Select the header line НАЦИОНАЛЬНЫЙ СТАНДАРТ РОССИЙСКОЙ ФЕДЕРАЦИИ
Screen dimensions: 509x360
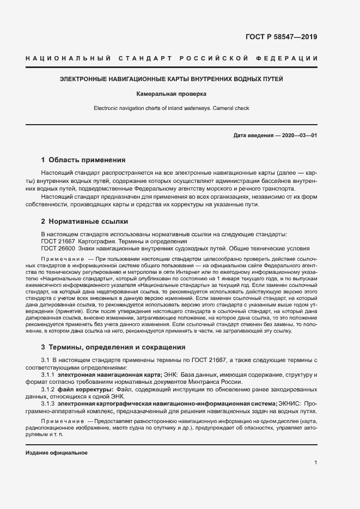click(x=172, y=58)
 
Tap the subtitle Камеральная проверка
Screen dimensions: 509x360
click(x=172, y=94)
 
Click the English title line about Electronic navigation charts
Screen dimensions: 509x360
click(x=172, y=108)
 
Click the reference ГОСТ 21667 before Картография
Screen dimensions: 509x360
click(x=58, y=241)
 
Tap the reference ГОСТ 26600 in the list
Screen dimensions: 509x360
click(x=58, y=248)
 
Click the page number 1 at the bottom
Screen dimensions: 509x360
click(x=316, y=463)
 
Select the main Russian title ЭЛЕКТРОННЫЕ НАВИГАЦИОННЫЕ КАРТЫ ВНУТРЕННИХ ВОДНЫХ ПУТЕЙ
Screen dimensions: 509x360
click(x=172, y=79)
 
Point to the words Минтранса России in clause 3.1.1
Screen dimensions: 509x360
click(x=215, y=383)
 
